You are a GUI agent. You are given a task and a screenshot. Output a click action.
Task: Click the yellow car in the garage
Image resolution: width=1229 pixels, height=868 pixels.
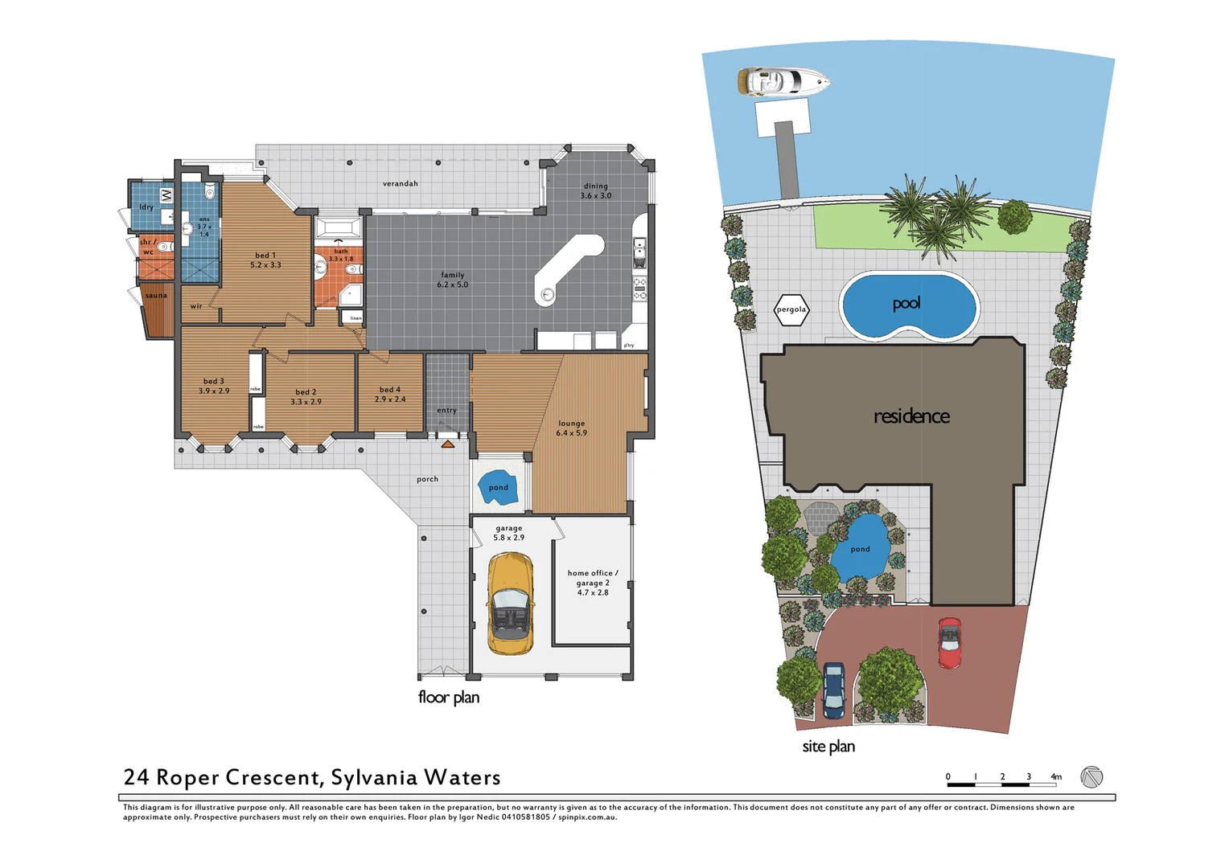tap(510, 604)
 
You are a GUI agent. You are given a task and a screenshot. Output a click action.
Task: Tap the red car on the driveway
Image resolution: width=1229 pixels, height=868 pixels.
tap(949, 642)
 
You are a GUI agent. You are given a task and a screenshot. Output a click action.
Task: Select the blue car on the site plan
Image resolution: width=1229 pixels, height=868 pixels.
tap(833, 690)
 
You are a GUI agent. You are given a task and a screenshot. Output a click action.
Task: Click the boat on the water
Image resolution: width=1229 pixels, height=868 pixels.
tap(783, 81)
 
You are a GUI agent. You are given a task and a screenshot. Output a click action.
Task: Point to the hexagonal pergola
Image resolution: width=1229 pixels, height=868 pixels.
tap(791, 309)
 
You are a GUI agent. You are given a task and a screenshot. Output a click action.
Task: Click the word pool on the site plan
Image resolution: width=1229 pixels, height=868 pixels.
tap(906, 303)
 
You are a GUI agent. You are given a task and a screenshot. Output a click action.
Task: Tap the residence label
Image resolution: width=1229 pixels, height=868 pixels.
tap(911, 416)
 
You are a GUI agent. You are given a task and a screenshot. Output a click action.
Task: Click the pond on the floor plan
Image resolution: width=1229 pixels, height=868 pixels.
tap(498, 487)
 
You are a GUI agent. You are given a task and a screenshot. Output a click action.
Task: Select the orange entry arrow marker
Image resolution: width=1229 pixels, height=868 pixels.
tap(447, 443)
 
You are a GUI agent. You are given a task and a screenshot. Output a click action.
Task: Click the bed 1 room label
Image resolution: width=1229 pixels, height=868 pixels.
tap(265, 256)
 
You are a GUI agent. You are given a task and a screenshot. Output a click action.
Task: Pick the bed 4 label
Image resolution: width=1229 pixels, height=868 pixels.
tap(390, 390)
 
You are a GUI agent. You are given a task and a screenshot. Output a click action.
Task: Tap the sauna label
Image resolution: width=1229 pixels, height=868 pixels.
tap(156, 296)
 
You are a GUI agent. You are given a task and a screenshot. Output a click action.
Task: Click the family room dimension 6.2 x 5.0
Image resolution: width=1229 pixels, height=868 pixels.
tap(452, 285)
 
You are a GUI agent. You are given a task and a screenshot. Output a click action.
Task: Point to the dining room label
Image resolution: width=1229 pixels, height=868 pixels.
tap(595, 186)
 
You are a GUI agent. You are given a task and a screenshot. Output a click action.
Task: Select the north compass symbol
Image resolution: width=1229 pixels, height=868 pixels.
tap(1091, 777)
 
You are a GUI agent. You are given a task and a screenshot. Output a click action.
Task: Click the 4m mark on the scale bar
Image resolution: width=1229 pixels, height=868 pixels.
tap(1055, 776)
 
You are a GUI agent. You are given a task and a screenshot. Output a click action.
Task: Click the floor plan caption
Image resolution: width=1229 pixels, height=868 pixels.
tap(448, 697)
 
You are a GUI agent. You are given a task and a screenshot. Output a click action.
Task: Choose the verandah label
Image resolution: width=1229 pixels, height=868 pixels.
tap(400, 184)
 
